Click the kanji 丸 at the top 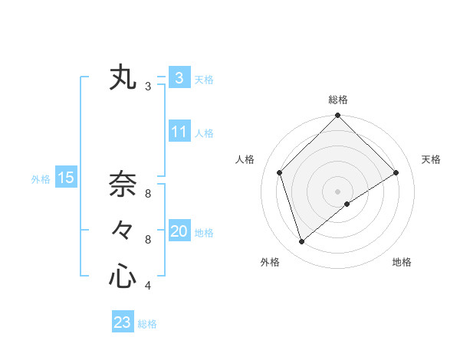click(x=123, y=77)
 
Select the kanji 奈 click(x=123, y=184)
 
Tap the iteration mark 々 click(x=123, y=230)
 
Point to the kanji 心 click(x=123, y=277)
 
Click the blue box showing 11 click(x=179, y=132)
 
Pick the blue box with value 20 click(x=179, y=231)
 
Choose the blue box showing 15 click(x=66, y=178)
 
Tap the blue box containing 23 click(x=123, y=322)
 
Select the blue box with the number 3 click(x=179, y=77)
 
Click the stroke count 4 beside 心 click(x=148, y=286)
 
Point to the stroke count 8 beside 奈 click(x=148, y=193)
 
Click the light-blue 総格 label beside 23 click(x=147, y=324)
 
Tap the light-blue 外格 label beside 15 click(x=41, y=179)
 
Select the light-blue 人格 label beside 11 click(x=204, y=133)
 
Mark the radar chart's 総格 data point click(x=337, y=116)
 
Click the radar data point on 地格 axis click(x=347, y=203)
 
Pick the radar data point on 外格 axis click(x=301, y=242)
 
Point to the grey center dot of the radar click(x=337, y=191)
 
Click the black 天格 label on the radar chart click(x=432, y=159)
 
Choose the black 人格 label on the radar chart click(x=245, y=159)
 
